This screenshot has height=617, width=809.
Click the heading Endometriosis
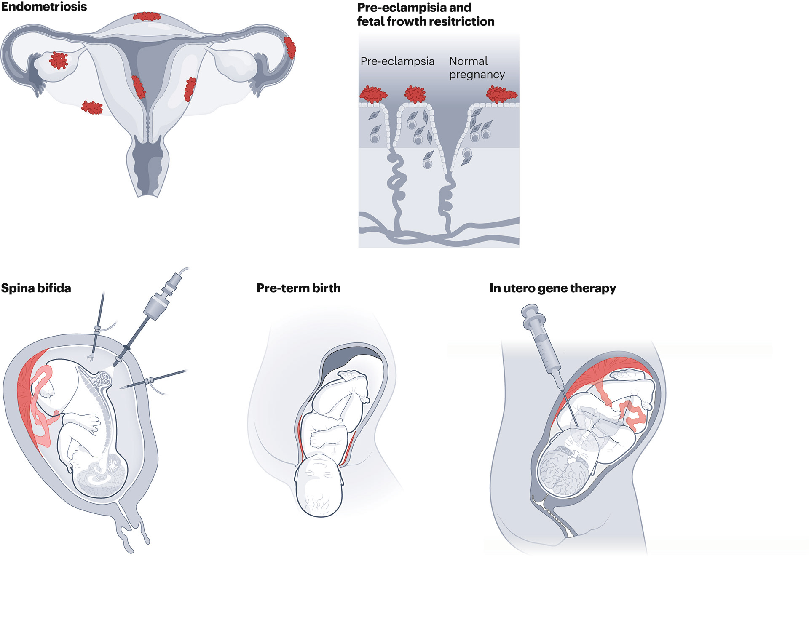click(44, 7)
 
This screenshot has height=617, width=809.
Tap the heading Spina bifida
click(36, 288)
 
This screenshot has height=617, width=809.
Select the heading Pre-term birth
click(298, 288)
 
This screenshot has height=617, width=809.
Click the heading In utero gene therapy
click(552, 288)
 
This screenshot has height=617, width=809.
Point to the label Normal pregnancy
click(476, 68)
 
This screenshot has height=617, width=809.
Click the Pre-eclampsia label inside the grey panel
click(397, 61)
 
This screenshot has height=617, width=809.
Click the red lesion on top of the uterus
click(147, 16)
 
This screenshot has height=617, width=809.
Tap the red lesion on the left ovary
click(58, 60)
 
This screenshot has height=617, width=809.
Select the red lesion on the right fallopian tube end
click(290, 48)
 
